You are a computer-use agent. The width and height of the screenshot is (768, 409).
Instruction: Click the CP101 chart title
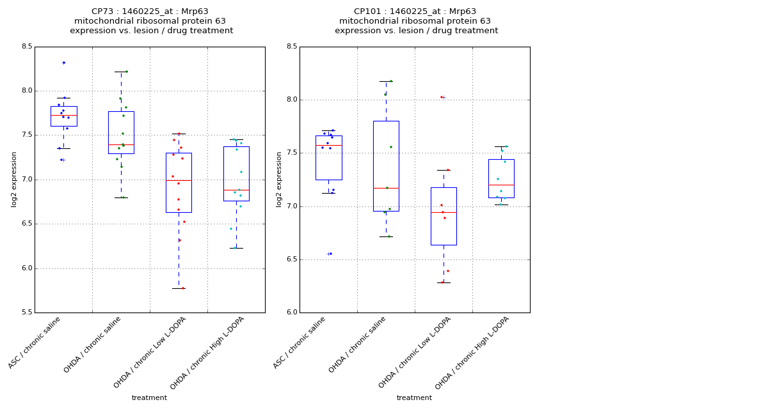(416, 21)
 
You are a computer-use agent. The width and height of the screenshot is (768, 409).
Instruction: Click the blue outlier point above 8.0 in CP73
(63, 63)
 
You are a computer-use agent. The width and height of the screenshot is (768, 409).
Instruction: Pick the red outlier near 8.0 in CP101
(442, 97)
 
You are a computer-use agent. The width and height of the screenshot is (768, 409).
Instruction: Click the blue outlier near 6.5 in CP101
(330, 254)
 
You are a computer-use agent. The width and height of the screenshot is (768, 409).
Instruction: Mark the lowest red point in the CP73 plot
(182, 288)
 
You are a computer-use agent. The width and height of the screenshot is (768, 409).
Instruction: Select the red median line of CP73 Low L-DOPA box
(179, 181)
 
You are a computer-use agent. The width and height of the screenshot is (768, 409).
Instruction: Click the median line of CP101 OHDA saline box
(386, 188)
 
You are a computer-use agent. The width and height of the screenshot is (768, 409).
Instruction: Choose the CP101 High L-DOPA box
(501, 178)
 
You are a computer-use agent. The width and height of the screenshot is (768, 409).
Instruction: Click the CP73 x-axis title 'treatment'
(149, 397)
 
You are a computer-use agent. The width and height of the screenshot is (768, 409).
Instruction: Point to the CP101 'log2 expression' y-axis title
(279, 179)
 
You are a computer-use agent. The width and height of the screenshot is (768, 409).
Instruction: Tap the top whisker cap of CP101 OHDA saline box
(386, 81)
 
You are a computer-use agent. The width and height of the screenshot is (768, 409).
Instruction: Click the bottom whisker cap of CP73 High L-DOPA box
(236, 248)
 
